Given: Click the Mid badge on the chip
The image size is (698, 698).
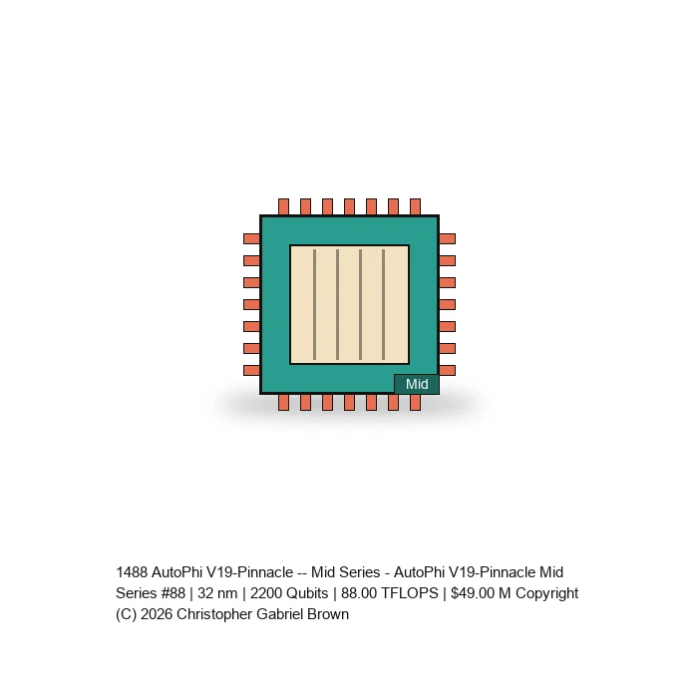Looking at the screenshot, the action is pyautogui.click(x=417, y=384).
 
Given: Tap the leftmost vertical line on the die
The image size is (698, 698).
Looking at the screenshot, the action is pyautogui.click(x=315, y=304).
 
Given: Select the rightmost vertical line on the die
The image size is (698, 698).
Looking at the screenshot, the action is pyautogui.click(x=383, y=304).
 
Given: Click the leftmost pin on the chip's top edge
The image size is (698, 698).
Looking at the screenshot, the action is pyautogui.click(x=283, y=207).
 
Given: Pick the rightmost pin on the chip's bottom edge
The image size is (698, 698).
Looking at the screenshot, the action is pyautogui.click(x=416, y=403).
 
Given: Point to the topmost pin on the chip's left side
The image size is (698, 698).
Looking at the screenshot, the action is pyautogui.click(x=252, y=238).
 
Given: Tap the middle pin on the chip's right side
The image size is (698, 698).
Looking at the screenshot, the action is pyautogui.click(x=448, y=304).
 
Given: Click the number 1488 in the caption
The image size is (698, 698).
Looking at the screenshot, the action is pyautogui.click(x=132, y=572).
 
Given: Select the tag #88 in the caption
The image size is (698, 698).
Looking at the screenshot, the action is pyautogui.click(x=174, y=593).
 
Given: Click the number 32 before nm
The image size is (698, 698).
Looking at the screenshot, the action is pyautogui.click(x=206, y=593).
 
